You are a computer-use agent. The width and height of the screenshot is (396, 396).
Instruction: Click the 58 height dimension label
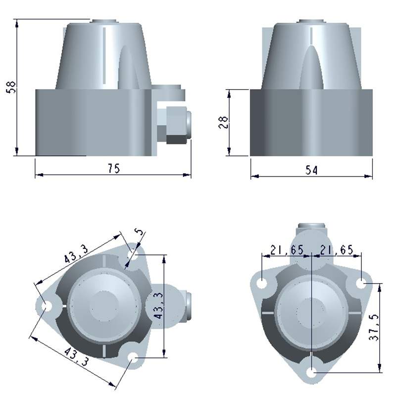tap(12, 87)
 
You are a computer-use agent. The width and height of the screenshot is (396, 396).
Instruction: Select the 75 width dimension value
tap(114, 168)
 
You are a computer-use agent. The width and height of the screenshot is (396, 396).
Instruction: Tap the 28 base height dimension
tap(223, 122)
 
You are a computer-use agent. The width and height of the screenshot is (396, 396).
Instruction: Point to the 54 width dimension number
tap(311, 170)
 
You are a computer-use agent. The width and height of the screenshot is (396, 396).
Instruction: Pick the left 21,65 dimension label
tap(287, 250)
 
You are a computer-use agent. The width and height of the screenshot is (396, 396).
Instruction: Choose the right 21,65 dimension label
tap(337, 250)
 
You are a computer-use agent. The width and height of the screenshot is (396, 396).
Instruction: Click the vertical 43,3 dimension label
tap(158, 305)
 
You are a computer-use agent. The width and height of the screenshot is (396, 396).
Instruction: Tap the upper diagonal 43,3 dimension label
tap(76, 254)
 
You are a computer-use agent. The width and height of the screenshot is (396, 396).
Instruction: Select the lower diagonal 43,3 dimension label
tap(76, 356)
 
